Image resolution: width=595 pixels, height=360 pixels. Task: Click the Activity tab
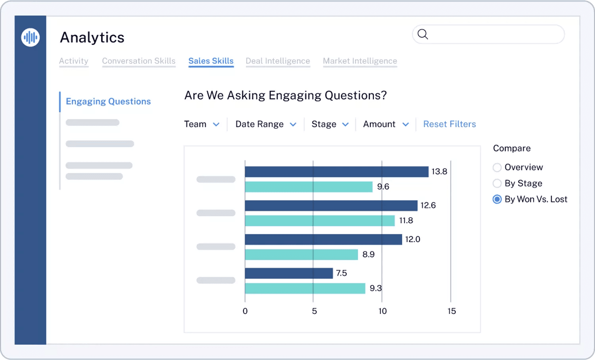point(74,61)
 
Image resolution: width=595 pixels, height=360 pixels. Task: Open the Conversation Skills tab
point(138,61)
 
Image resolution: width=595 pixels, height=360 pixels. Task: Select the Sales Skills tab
point(211,61)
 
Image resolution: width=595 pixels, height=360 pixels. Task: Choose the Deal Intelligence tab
point(278,61)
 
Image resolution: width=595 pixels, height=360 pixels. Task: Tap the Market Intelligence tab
point(360,61)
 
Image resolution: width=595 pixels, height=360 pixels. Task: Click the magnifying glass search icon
point(423,34)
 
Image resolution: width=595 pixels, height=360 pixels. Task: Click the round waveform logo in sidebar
point(31,38)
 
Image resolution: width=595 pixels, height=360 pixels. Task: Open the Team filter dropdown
point(202,124)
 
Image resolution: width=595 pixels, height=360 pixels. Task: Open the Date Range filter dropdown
point(265,124)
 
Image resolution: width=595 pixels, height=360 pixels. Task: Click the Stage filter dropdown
point(330,124)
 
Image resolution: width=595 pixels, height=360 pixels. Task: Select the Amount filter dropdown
point(386,124)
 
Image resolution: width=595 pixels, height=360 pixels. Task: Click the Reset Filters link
point(449,124)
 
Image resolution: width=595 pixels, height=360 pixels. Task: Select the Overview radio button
point(497,167)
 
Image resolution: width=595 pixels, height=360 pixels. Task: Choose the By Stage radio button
point(497,183)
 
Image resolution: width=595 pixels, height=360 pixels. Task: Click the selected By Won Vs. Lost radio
point(497,199)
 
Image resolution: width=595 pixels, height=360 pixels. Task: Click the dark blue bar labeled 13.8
point(336,172)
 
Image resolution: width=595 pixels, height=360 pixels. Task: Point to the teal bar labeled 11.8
point(320,221)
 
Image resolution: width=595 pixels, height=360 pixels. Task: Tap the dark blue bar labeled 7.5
point(289,273)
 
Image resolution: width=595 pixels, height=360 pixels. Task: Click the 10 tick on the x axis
point(382,311)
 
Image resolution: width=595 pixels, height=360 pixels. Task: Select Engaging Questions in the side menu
point(108,101)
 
